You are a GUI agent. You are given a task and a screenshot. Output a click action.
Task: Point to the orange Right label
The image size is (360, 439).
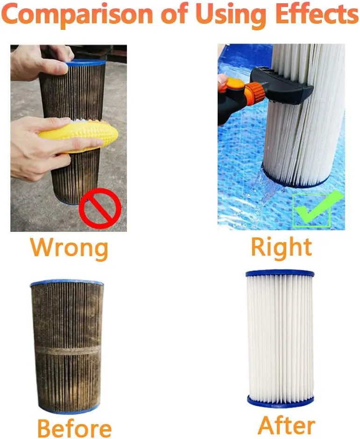point(281,247)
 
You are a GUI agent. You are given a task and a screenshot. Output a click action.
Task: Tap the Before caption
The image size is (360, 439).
point(75,428)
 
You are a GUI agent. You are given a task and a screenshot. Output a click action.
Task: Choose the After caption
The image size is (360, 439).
point(286,425)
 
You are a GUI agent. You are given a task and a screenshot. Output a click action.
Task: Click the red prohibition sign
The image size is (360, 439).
point(100,208)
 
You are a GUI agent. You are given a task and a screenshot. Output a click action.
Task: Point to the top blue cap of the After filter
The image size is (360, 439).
point(280,273)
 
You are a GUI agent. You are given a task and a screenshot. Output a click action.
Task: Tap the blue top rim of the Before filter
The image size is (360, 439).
point(67,282)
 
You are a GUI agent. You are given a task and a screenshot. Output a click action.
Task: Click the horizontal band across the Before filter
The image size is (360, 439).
point(67,350)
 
